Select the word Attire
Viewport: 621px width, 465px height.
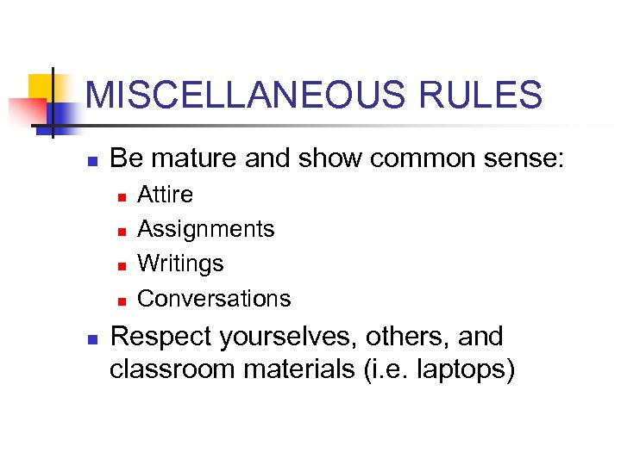[166, 195]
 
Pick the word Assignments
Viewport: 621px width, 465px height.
[206, 229]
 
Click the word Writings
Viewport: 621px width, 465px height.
[180, 263]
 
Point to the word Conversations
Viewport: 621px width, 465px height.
[214, 299]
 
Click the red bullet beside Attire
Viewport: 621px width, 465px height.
[122, 197]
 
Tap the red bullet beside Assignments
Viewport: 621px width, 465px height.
[122, 232]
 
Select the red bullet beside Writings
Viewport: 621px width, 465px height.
[122, 266]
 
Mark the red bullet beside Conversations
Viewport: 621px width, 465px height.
[122, 301]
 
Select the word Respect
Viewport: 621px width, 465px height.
[159, 337]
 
